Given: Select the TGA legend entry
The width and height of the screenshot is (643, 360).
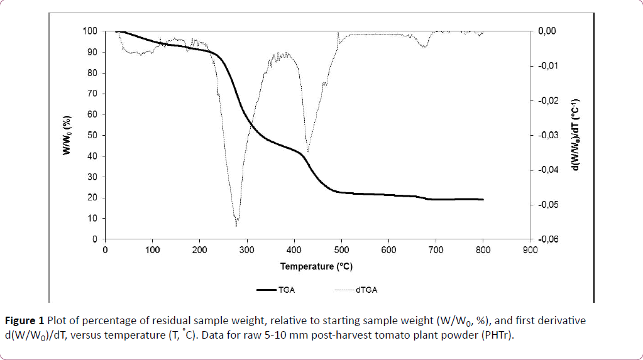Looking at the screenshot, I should pyautogui.click(x=285, y=290).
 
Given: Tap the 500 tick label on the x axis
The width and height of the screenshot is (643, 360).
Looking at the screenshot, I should pyautogui.click(x=341, y=249).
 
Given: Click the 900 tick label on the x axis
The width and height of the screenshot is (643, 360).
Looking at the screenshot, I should pyautogui.click(x=530, y=249).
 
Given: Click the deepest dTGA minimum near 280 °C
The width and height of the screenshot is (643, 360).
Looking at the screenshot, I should pyautogui.click(x=236, y=225).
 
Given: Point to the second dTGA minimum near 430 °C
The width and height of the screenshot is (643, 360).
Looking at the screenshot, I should pyautogui.click(x=307, y=151).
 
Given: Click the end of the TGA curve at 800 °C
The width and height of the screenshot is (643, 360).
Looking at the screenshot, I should pyautogui.click(x=483, y=199).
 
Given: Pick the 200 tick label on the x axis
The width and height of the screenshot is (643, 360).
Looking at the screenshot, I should pyautogui.click(x=200, y=249).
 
